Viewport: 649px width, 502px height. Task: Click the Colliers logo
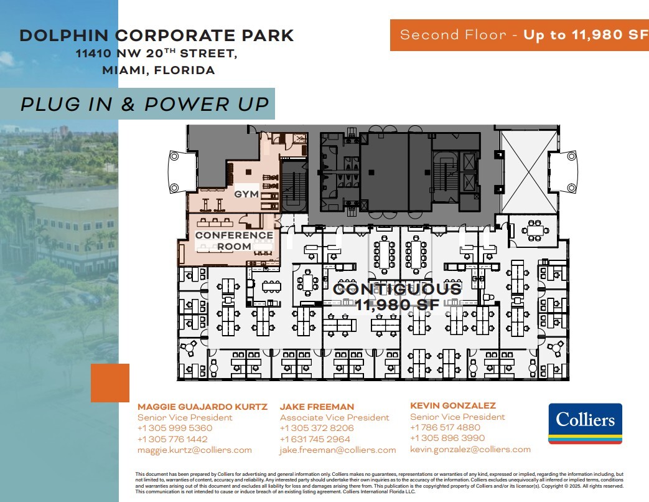tap(585, 423)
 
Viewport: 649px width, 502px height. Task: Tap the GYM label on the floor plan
tap(246, 194)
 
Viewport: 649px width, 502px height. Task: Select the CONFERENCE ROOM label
tap(234, 241)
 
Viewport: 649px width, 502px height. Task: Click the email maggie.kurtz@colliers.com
tap(194, 450)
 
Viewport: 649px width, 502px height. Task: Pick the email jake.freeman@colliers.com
tap(337, 450)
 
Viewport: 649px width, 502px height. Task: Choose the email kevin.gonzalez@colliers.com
tap(470, 449)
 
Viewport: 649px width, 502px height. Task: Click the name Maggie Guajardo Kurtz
tap(202, 407)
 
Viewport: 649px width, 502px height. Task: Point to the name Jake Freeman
tap(317, 407)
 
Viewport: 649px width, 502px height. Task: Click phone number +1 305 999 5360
tap(175, 429)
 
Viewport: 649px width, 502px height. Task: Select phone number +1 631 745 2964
tap(315, 439)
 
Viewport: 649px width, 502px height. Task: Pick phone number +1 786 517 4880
tap(445, 427)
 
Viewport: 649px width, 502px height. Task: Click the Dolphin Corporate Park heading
tap(156, 36)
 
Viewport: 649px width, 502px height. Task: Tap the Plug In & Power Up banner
tap(145, 104)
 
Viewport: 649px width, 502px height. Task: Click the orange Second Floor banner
tap(519, 35)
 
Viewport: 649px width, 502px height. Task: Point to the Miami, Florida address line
tap(158, 70)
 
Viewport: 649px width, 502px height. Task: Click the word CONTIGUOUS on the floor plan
tap(398, 289)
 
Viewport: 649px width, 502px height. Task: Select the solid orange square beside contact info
tap(110, 383)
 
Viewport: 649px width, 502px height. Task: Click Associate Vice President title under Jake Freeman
tap(334, 417)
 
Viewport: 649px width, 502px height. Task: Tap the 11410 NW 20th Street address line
tap(156, 54)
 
